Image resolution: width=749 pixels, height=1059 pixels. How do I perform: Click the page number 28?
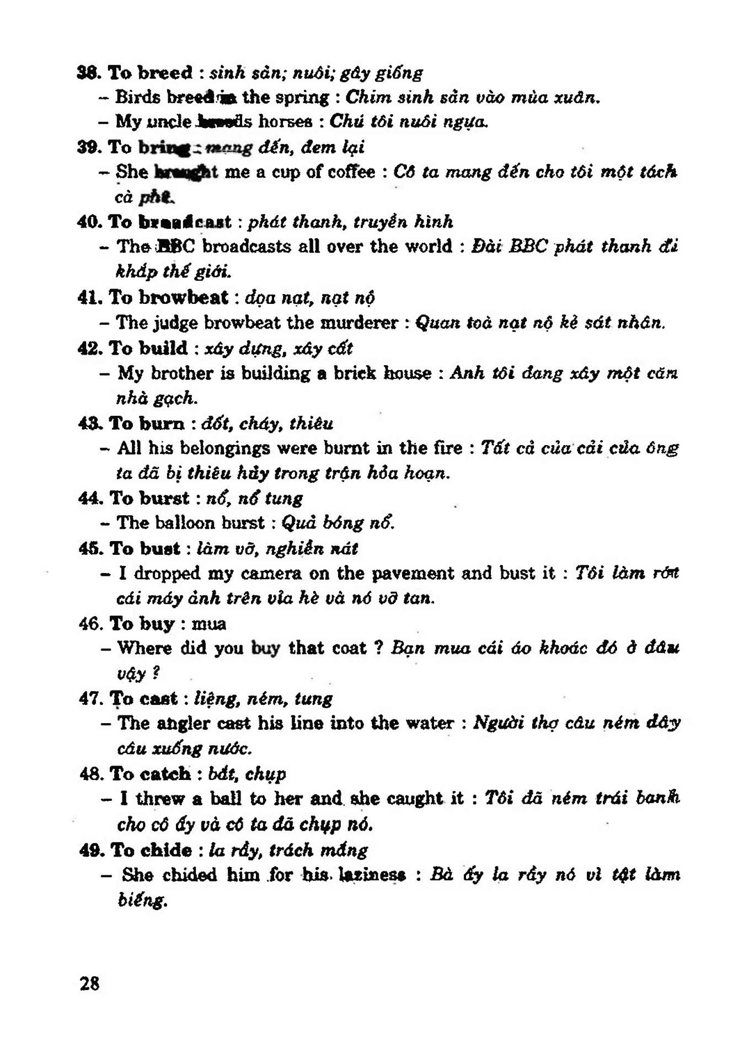tap(89, 983)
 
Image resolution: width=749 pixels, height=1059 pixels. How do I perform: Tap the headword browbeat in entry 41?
tap(183, 297)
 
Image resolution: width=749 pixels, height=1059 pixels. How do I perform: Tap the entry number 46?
tap(90, 624)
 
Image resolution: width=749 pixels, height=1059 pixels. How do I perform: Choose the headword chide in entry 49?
tap(165, 850)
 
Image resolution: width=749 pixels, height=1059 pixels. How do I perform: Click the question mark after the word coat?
tap(378, 648)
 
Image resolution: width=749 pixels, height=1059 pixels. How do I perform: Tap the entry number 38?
tap(89, 72)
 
